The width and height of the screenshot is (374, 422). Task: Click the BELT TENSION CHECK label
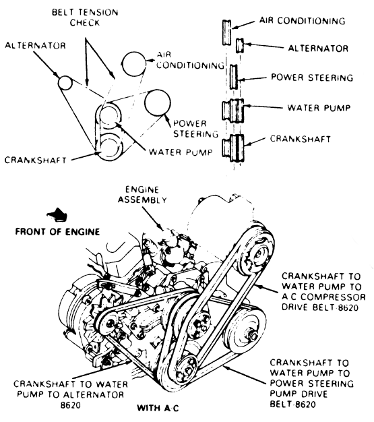pos(85,18)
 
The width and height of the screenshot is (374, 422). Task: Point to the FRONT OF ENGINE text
pos(57,231)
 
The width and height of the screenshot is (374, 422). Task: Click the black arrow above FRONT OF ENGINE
pos(57,214)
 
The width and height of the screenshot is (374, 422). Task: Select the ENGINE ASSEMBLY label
pos(142,195)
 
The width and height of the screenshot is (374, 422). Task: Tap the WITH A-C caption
pos(158,408)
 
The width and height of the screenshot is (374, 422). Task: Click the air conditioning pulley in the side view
pos(226,32)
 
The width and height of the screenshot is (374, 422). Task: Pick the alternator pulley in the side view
pos(240,45)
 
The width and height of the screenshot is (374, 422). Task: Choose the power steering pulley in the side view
pos(233,77)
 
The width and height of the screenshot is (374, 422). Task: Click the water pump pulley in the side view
pos(233,111)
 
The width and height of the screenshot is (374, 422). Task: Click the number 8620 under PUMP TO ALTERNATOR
pos(71,405)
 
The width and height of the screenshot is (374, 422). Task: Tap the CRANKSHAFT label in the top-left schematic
pos(35,160)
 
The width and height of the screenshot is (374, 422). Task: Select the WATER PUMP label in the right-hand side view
pos(319,108)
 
